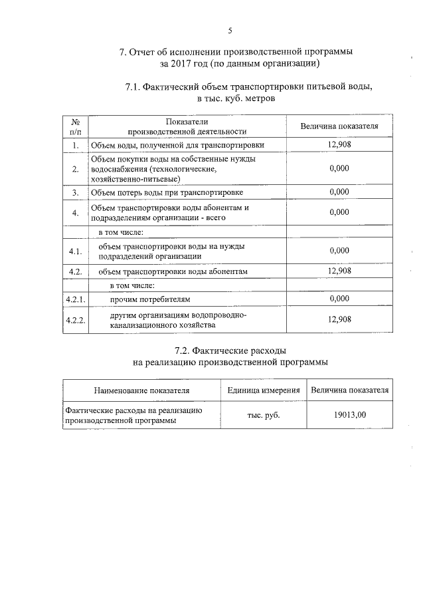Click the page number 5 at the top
tap(230, 31)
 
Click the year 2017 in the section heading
tap(186, 64)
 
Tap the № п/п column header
tap(76, 126)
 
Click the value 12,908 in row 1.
tap(339, 144)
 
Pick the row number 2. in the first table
tap(76, 169)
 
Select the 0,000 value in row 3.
tap(339, 192)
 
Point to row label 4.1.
tap(75, 251)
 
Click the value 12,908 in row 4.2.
tap(339, 271)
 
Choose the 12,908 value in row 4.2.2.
tap(339, 319)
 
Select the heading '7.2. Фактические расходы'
tap(230, 350)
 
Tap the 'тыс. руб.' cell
tap(263, 415)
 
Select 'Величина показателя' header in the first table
tap(339, 126)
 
